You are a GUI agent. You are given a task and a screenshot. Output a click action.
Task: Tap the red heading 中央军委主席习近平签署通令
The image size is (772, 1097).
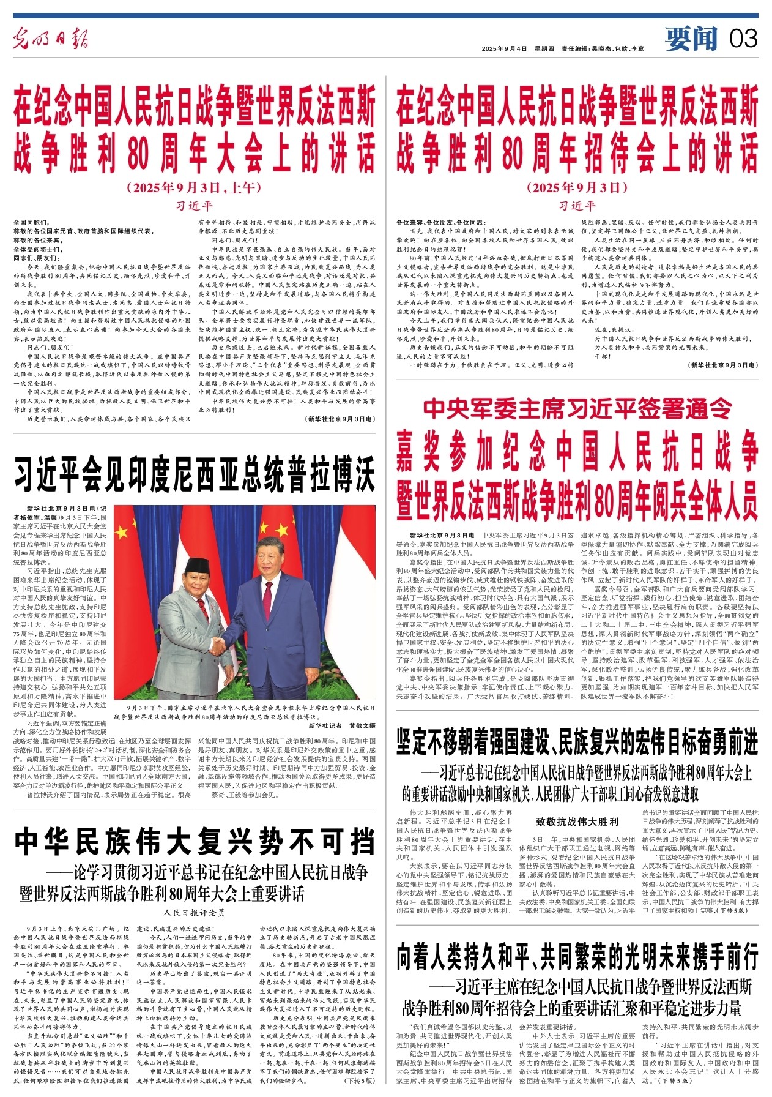(577, 408)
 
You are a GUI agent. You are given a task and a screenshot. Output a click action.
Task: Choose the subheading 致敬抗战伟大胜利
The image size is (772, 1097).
(577, 822)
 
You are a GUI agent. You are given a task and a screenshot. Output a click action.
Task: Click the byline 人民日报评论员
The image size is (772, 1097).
(195, 912)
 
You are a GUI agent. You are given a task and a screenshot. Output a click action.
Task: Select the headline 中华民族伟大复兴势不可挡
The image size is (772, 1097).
(195, 842)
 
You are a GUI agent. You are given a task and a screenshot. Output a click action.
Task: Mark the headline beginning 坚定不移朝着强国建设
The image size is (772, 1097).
(577, 743)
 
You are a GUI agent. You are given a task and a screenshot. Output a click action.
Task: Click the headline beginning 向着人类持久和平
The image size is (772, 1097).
(577, 956)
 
